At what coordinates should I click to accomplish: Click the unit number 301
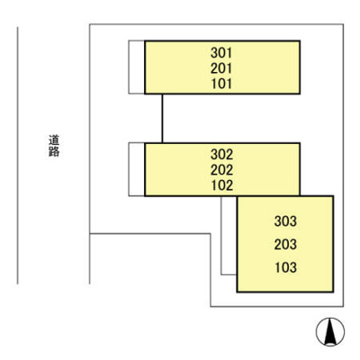click(x=221, y=53)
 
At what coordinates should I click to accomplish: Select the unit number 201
click(x=221, y=68)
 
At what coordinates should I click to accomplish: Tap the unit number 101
click(x=221, y=84)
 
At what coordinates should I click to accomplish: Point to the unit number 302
click(x=221, y=155)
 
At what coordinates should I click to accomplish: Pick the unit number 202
click(x=221, y=170)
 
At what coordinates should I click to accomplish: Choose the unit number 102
click(x=221, y=185)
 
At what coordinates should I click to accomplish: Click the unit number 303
click(x=285, y=221)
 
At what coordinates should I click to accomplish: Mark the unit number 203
click(x=285, y=245)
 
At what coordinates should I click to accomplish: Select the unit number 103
click(x=285, y=267)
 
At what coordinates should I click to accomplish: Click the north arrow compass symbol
click(x=330, y=332)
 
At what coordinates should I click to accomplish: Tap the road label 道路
click(x=54, y=146)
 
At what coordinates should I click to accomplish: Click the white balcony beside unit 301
click(x=137, y=67)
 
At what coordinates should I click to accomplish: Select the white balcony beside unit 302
click(x=137, y=169)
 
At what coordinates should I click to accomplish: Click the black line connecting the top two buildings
click(x=162, y=118)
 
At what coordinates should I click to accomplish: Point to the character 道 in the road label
click(x=54, y=140)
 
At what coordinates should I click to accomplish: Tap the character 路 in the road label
click(x=54, y=152)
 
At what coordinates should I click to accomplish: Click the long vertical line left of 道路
click(x=18, y=156)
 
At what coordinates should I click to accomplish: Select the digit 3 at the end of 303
click(x=293, y=221)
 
